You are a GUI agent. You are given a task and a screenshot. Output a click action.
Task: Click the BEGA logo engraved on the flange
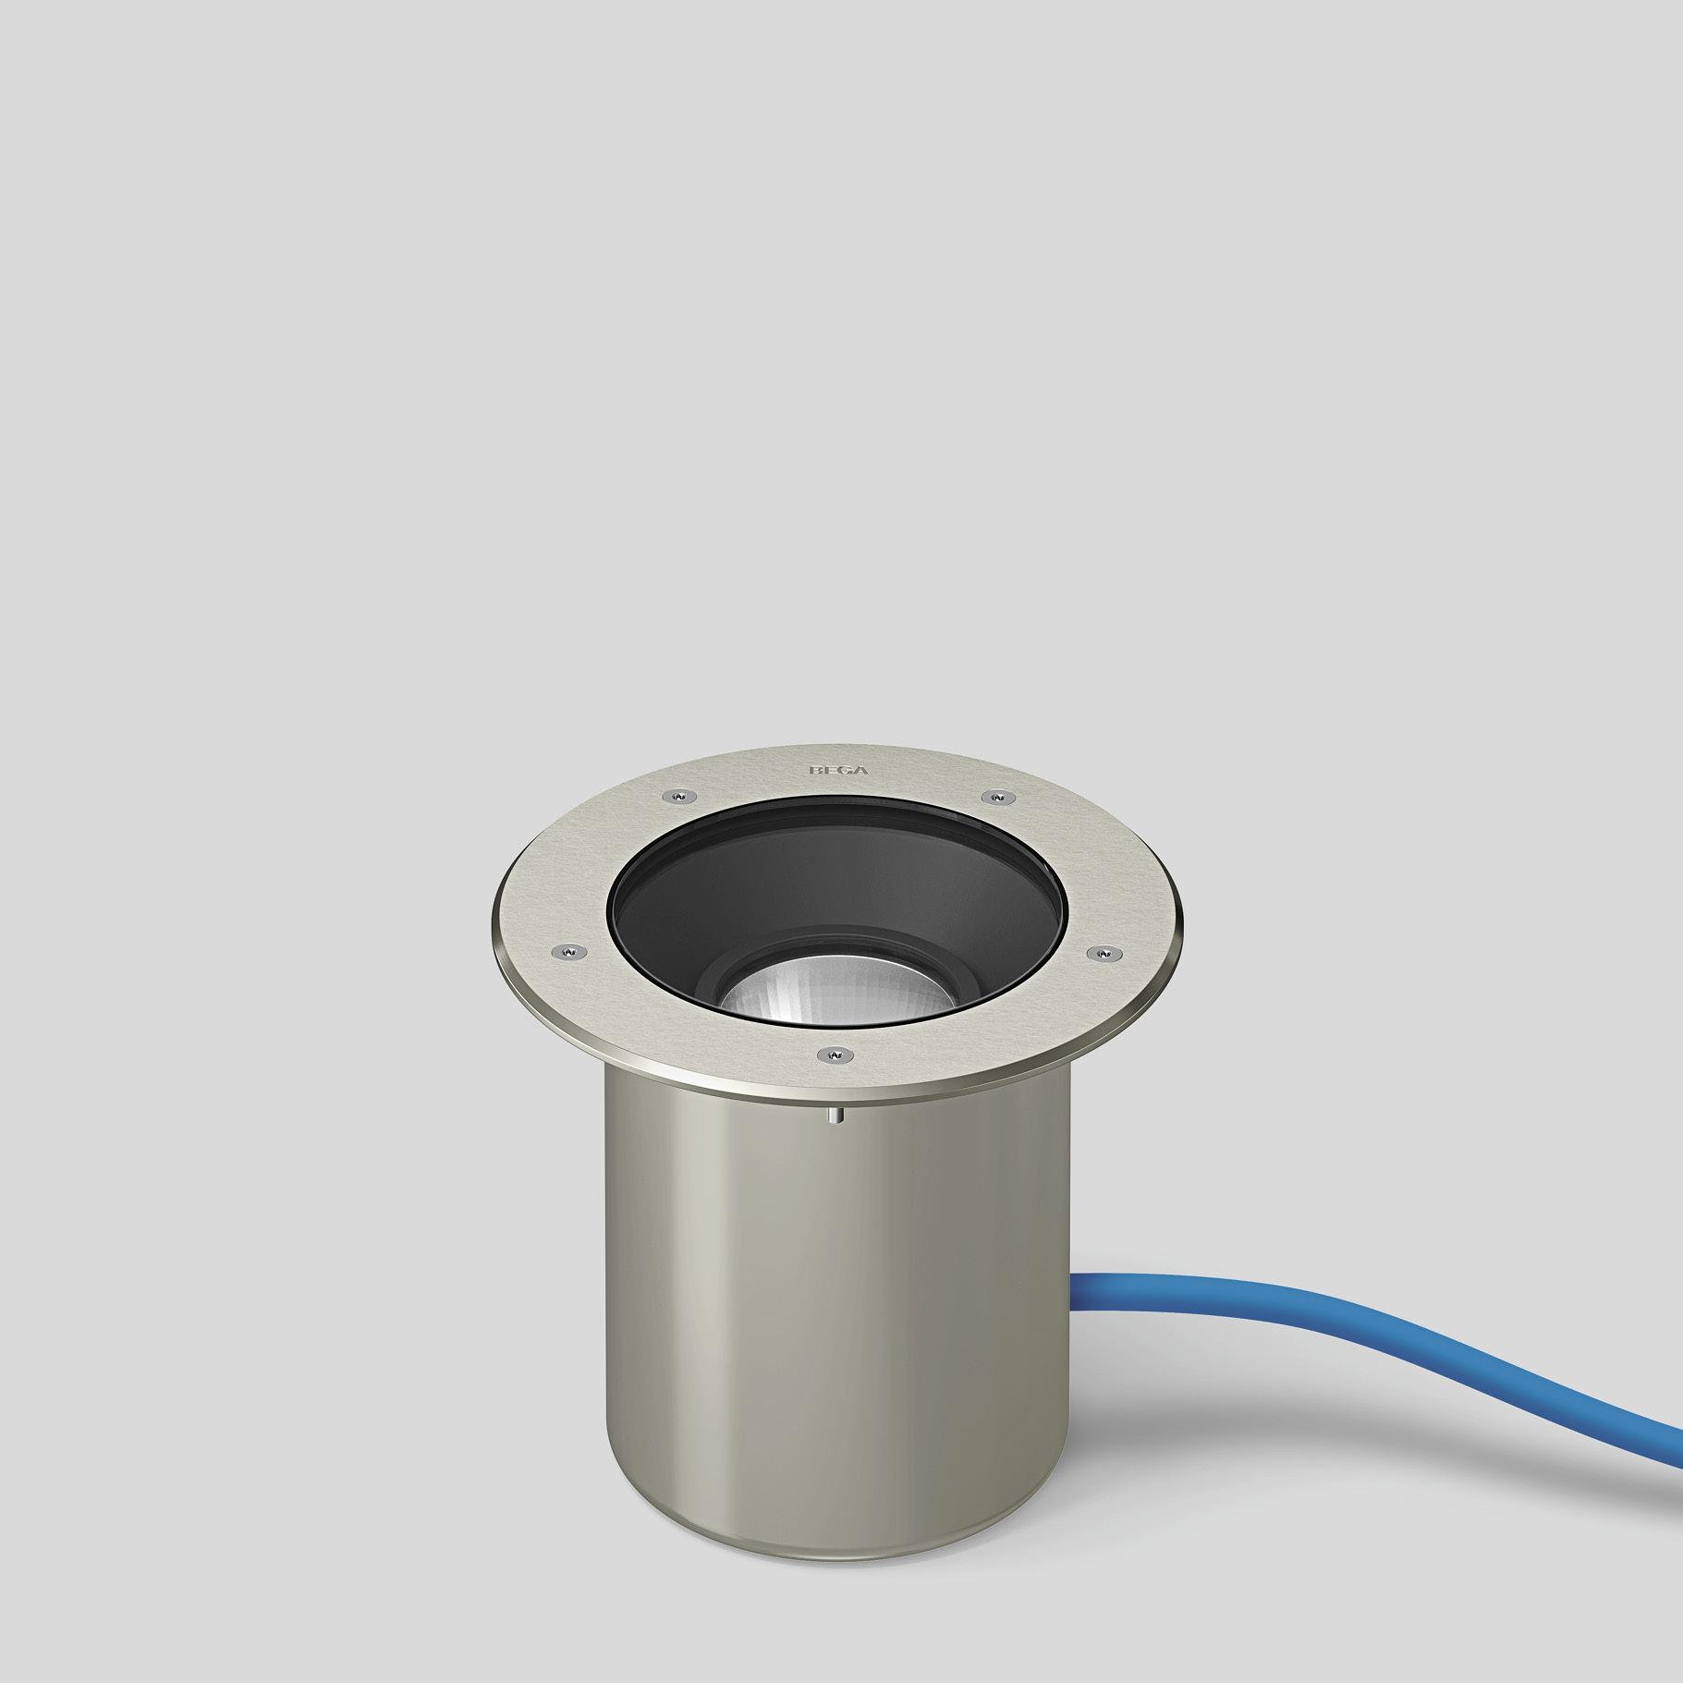(x=838, y=770)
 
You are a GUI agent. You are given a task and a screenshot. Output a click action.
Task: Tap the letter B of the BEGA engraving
(x=816, y=770)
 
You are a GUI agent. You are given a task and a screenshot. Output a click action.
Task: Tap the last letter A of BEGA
(x=860, y=770)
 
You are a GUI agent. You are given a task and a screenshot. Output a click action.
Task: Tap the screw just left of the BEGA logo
(x=679, y=796)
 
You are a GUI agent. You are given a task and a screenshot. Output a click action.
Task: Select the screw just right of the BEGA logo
(x=997, y=797)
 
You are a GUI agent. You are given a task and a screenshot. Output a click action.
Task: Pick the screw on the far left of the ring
(x=568, y=951)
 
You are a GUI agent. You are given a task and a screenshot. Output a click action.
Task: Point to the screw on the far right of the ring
(x=1104, y=953)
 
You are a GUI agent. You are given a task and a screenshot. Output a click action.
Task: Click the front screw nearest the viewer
(x=835, y=1055)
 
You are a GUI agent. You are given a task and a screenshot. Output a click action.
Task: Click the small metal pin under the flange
(x=835, y=1116)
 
